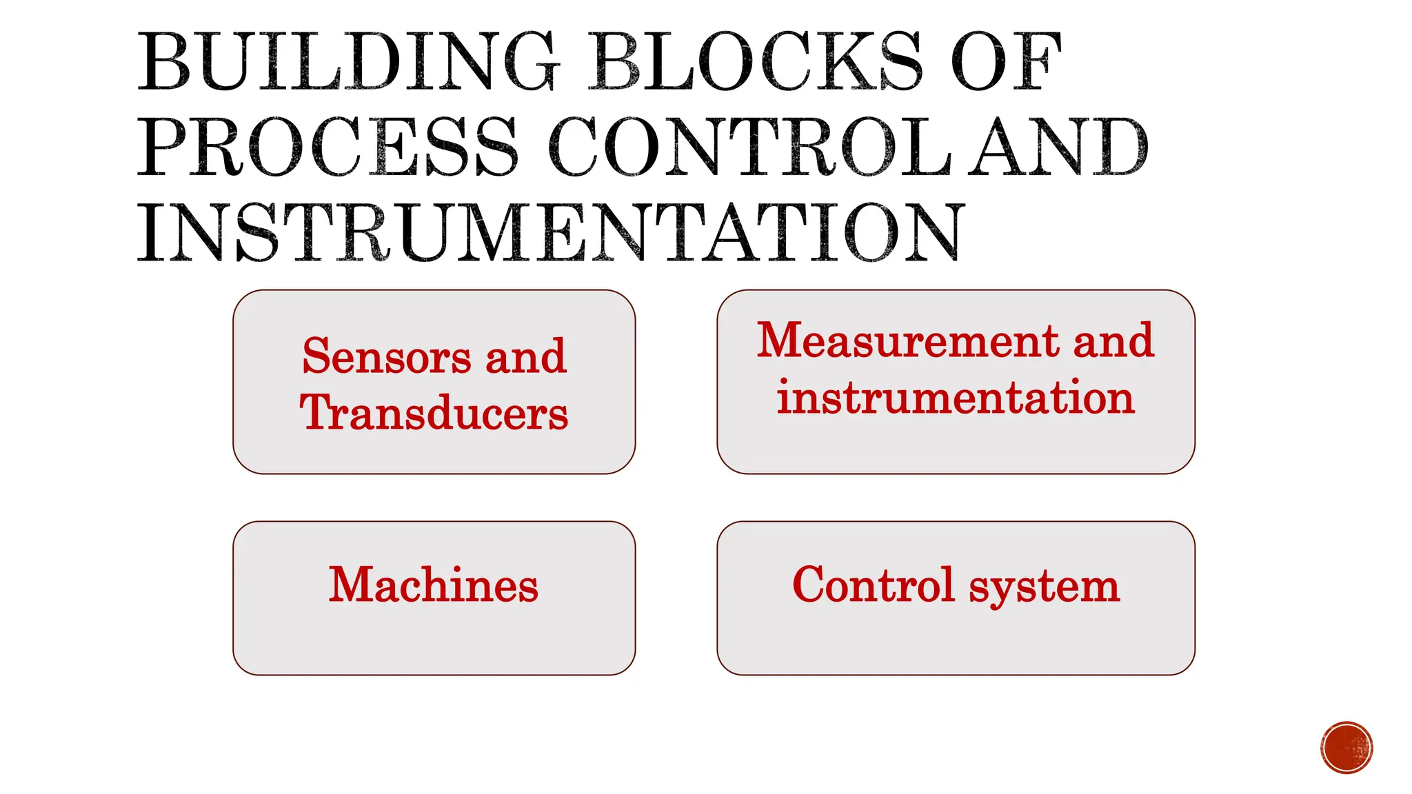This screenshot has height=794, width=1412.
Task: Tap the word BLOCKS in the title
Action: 754,62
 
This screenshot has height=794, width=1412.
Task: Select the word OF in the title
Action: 1006,62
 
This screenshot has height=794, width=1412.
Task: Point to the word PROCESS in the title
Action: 328,146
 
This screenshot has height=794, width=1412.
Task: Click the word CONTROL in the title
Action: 750,146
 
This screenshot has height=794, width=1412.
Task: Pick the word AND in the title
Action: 1060,146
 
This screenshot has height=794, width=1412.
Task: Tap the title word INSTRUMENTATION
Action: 550,232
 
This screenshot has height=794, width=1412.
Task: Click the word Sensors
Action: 387,357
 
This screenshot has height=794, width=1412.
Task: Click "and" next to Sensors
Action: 526,357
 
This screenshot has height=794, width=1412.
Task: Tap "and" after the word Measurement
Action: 1113,340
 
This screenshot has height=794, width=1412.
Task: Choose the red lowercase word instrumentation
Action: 956,398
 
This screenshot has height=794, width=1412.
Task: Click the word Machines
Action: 434,585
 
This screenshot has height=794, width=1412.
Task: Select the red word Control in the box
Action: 873,585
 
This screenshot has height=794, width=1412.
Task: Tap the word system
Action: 1044,587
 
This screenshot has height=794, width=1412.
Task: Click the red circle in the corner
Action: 1347,748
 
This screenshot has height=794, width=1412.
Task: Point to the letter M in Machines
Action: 352,584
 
